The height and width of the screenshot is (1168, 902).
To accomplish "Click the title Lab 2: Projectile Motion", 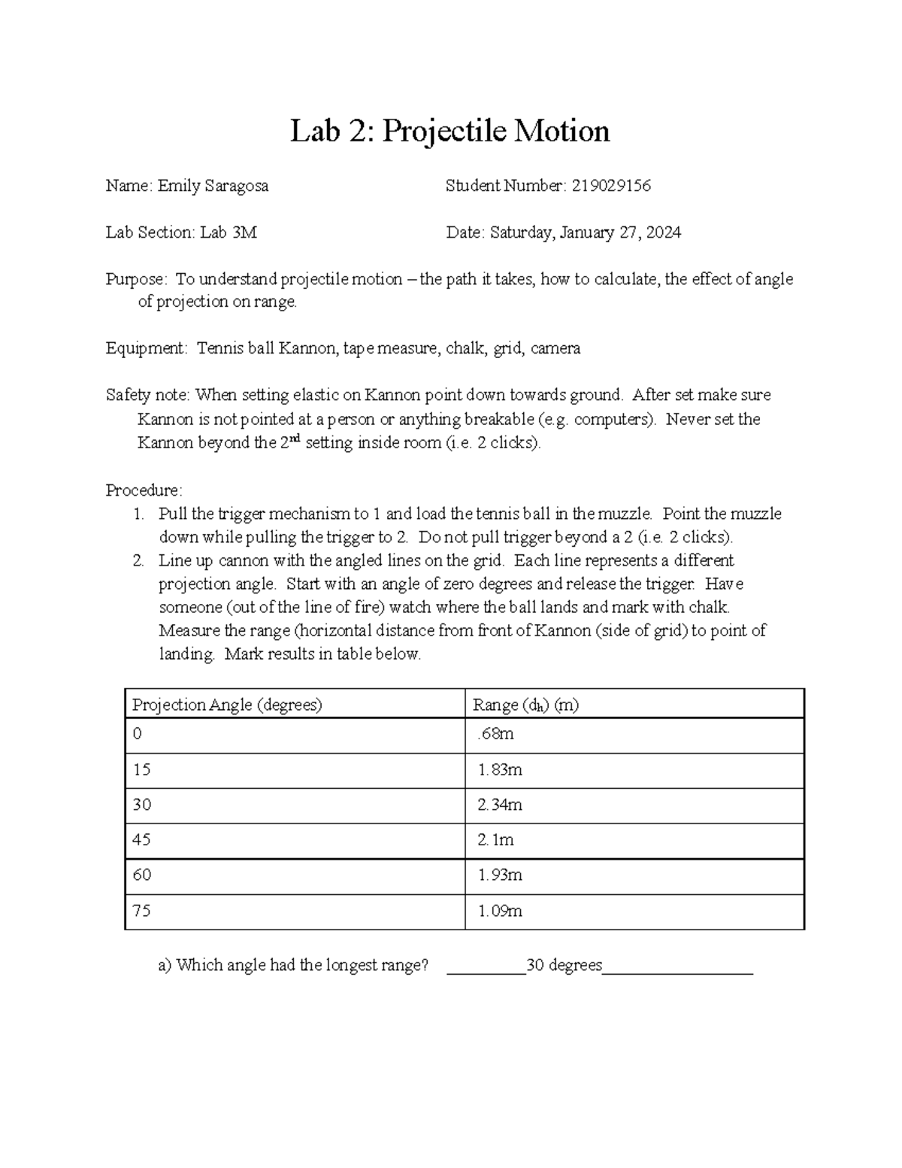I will (449, 132).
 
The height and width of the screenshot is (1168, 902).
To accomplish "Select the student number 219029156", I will (610, 186).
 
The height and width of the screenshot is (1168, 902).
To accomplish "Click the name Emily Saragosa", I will (213, 186).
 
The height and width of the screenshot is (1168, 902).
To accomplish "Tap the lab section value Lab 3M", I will (229, 232).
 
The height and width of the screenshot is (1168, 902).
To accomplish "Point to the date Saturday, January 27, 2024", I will (586, 232).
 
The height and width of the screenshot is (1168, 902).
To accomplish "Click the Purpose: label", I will (136, 280).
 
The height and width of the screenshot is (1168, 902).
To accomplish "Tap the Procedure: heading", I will (144, 490).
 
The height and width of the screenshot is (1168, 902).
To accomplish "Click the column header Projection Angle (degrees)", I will (227, 705).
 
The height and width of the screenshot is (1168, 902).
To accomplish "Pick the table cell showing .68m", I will (495, 734).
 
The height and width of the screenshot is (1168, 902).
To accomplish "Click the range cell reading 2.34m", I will (500, 805).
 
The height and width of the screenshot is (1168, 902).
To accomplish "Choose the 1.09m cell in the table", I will (500, 911).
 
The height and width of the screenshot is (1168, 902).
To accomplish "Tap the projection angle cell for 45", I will (141, 839).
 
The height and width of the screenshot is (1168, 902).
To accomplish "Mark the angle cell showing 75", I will (141, 911).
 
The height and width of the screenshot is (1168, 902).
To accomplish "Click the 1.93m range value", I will (500, 875).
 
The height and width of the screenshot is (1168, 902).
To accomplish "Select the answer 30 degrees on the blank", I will (565, 965).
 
